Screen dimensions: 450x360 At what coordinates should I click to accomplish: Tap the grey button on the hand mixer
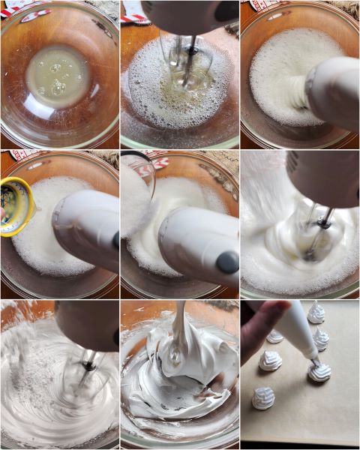pos(226,262)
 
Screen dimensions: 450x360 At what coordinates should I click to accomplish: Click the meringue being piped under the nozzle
pos(320,370)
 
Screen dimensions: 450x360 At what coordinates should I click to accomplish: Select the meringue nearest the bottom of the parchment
pos(263,397)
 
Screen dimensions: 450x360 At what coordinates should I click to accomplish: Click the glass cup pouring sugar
pos(137,195)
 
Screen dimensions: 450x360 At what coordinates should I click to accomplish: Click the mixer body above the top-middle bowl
pos(187,16)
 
